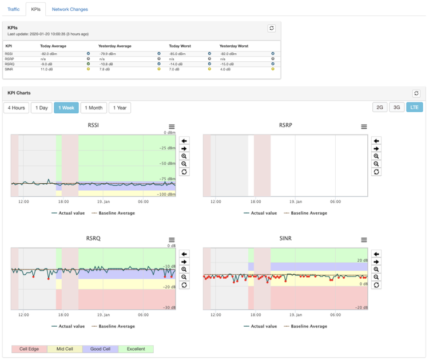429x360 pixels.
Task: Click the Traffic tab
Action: point(13,9)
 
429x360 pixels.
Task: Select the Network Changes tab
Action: point(70,9)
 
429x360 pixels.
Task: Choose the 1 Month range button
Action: point(93,108)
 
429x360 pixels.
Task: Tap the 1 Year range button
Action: point(119,108)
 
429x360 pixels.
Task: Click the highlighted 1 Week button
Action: point(66,108)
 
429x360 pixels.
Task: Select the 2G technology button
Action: point(380,107)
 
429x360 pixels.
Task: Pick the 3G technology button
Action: point(396,107)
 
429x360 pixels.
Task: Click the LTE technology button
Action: point(415,107)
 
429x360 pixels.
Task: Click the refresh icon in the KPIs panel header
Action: point(272,28)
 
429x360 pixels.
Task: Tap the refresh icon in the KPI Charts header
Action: point(416,93)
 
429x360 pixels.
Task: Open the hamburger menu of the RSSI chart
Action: point(172,126)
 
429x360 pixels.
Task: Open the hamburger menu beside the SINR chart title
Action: point(364,240)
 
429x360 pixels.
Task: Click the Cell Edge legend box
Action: point(29,349)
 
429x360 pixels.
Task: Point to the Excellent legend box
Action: point(136,349)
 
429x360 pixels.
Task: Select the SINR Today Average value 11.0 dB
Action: point(47,69)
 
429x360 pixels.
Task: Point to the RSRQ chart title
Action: point(93,239)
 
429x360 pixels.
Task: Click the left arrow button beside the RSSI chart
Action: point(184,140)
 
